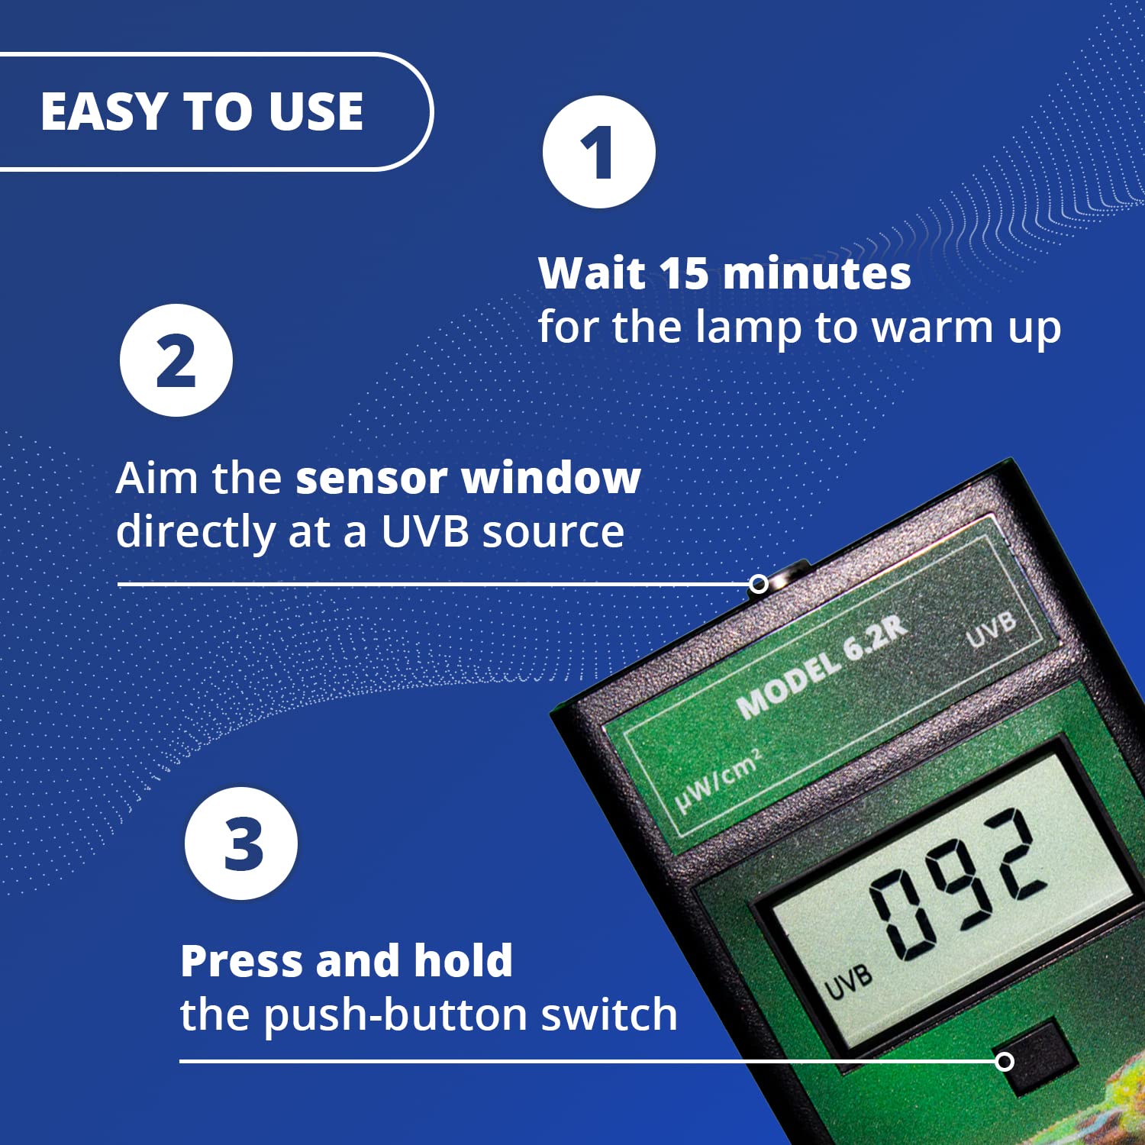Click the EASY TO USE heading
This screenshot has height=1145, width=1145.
202,111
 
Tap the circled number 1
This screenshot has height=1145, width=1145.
598,152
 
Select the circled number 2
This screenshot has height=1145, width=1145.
176,360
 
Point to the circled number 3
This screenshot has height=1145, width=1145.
241,843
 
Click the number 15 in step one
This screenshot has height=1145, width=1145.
685,273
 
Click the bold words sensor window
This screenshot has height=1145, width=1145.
468,479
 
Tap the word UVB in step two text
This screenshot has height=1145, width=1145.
424,532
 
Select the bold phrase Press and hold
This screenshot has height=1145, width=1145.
347,960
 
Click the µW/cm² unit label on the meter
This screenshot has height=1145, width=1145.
718,782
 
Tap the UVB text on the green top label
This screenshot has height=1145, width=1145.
991,629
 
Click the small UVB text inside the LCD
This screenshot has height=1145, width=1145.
848,982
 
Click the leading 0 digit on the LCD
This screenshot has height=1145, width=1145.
901,914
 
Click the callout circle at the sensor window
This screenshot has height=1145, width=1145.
758,584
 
